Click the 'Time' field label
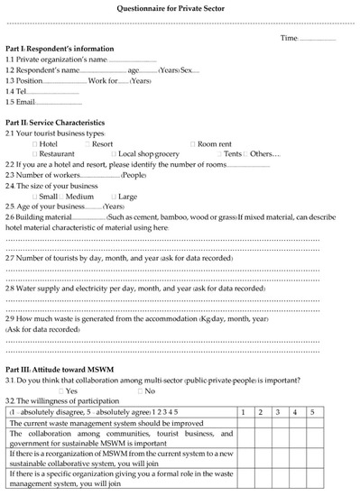click(289, 38)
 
